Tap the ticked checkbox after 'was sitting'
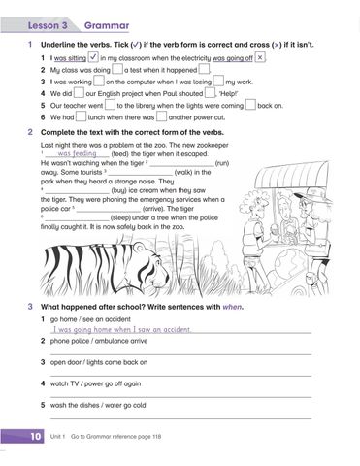(x=93, y=58)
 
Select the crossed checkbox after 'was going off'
(x=262, y=58)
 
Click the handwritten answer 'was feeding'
(x=78, y=154)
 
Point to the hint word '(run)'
(x=221, y=164)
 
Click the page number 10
(x=34, y=439)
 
